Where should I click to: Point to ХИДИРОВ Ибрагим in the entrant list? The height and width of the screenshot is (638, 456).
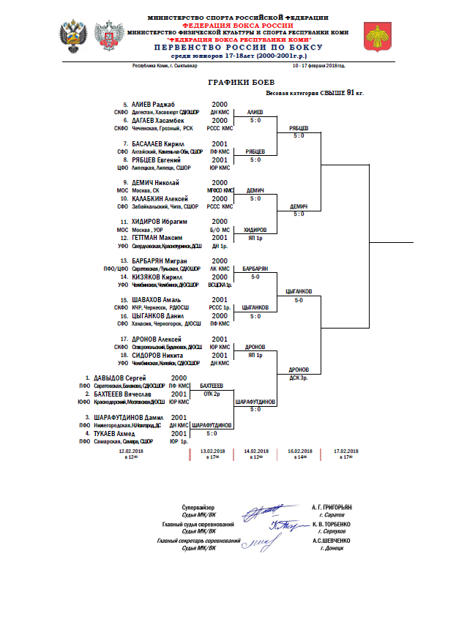[157, 222]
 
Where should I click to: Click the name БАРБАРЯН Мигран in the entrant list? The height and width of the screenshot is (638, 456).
[159, 260]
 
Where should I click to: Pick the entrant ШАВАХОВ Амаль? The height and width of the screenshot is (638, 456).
[155, 300]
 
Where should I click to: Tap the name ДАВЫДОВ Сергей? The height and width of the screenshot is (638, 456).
[120, 378]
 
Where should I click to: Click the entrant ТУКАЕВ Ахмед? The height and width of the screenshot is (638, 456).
[116, 433]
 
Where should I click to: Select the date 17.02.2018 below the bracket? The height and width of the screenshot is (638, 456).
[346, 451]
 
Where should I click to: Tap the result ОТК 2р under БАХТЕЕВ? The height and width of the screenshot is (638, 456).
[212, 393]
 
